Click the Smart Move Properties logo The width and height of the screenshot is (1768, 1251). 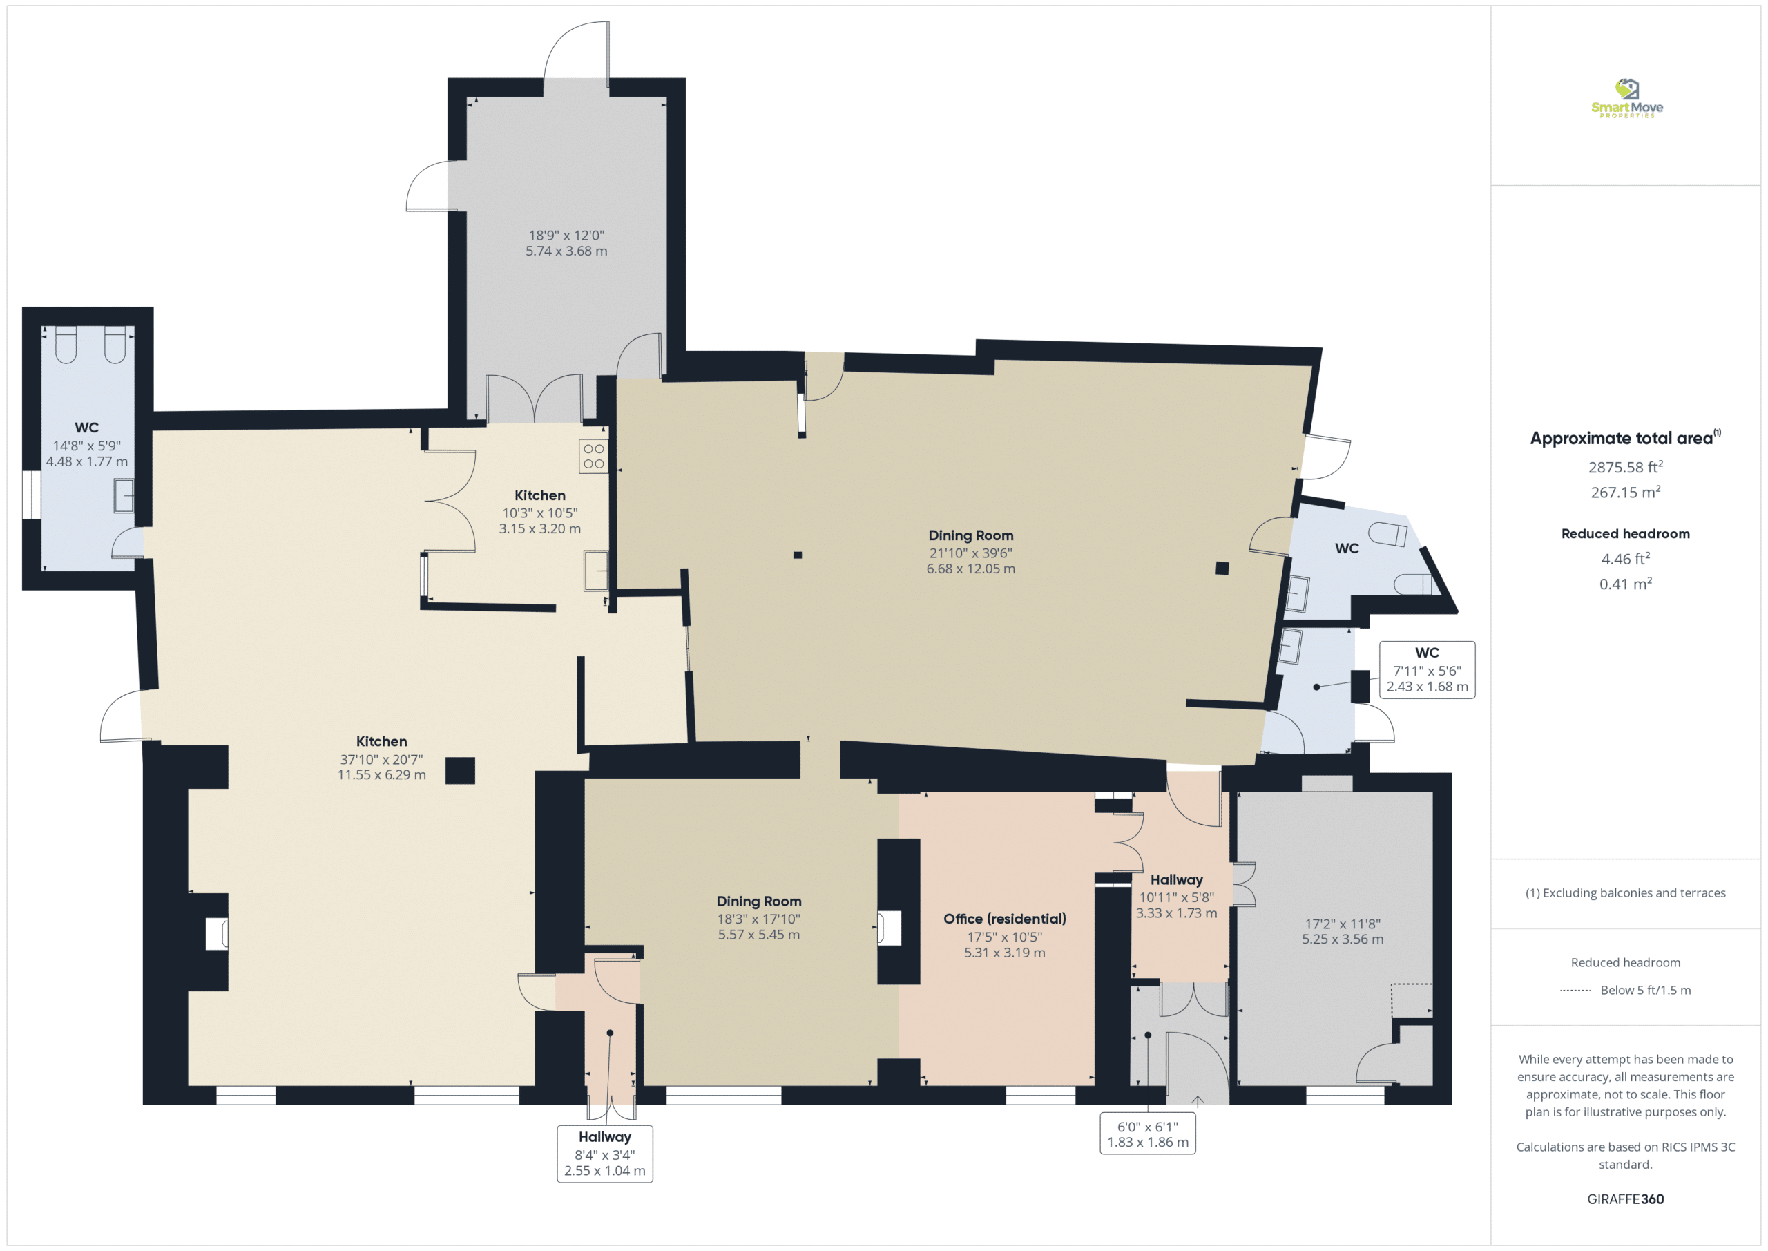click(1626, 98)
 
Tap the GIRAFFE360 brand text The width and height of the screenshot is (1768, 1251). click(1626, 1199)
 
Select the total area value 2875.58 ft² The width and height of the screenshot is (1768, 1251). click(1626, 467)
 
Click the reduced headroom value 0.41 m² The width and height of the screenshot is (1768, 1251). click(1626, 584)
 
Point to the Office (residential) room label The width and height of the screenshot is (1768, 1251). click(1005, 919)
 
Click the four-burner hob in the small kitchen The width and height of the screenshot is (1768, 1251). click(594, 456)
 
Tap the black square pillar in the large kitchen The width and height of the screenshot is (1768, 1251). click(461, 770)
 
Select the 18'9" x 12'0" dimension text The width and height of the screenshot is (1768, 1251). click(567, 236)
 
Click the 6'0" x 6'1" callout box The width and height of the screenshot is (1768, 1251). click(1147, 1133)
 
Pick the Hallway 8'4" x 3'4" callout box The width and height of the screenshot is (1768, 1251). click(605, 1153)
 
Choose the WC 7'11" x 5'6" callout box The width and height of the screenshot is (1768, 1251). click(1427, 670)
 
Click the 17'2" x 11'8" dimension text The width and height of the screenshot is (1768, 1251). click(1343, 924)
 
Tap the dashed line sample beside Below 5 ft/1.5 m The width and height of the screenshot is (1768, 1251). click(1575, 991)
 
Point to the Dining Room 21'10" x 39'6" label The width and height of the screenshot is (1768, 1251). click(971, 551)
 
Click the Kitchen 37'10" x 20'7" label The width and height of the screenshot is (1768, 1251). click(382, 758)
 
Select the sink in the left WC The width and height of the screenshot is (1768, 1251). click(124, 495)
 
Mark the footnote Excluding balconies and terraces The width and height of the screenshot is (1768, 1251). click(1626, 892)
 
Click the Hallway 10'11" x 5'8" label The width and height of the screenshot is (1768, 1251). click(1177, 896)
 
